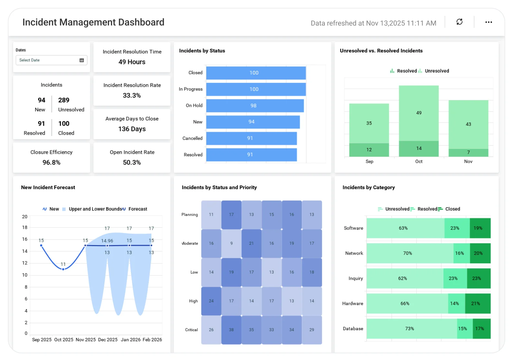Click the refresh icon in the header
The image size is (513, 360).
point(459,22)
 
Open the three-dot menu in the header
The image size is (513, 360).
point(488,22)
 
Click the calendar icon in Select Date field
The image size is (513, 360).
point(82,60)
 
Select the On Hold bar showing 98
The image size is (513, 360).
point(255,106)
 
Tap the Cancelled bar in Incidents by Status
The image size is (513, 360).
point(251,138)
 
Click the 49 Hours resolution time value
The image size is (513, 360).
point(132,62)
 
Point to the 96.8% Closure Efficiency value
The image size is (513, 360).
point(51,163)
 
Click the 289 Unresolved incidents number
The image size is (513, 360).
point(64,100)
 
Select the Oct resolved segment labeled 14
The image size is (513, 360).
point(419,149)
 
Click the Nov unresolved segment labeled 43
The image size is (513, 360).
point(468,124)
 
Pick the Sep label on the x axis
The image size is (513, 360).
point(369,162)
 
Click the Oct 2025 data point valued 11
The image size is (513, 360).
point(63,269)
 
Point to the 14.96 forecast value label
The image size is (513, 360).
point(107,241)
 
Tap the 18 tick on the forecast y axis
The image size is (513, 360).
point(25,227)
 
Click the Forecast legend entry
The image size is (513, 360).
point(137,209)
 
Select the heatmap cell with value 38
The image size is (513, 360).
point(231,330)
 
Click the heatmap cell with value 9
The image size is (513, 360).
point(231,243)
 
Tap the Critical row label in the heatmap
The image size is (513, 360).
point(191,330)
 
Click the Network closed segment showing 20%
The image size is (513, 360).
point(480,253)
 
